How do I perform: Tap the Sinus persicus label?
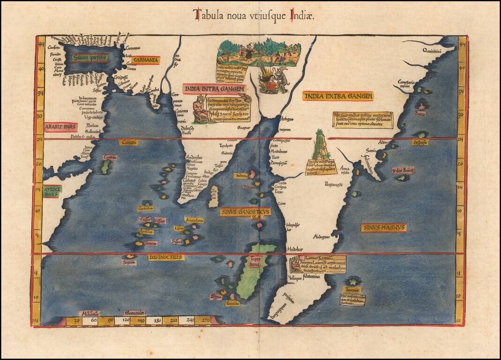point(90,58)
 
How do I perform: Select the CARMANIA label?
point(146,60)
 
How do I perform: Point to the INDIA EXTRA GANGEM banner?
point(338,96)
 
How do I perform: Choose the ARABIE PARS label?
point(61,127)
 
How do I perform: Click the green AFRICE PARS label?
point(52,191)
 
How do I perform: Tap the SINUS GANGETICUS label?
point(245,212)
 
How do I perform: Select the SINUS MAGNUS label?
point(383,228)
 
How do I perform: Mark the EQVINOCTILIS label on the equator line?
point(166,257)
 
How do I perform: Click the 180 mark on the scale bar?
point(157,321)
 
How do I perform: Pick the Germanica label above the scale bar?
point(135,313)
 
